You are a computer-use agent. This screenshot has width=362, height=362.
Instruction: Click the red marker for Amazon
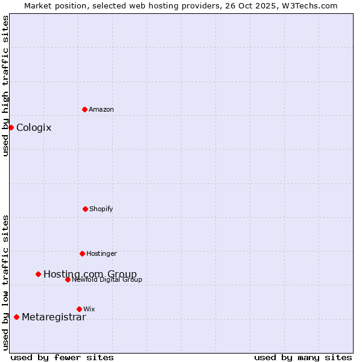point(84,109)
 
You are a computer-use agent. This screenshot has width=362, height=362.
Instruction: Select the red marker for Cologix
point(11,127)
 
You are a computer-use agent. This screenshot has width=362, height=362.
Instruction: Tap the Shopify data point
point(85,209)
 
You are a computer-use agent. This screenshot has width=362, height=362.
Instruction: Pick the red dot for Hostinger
point(82,253)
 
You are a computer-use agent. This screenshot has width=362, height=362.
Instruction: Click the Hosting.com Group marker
point(38,274)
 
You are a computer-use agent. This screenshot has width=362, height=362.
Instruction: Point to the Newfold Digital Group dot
point(68,279)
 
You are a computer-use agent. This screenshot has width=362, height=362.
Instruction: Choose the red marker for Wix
point(79,309)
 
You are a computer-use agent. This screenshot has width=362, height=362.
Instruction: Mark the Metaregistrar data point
point(16,317)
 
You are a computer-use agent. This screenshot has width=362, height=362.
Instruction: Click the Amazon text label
point(101,109)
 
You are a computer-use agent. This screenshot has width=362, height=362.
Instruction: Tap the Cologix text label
point(34,127)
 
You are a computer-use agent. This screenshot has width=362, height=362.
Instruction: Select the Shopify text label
point(101,209)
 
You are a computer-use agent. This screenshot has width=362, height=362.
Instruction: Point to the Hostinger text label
point(101,253)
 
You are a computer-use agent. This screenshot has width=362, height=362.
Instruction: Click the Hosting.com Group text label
point(90,274)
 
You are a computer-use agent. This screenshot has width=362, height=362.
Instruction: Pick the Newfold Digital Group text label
point(107,279)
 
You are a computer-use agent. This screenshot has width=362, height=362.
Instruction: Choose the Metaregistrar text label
point(54,317)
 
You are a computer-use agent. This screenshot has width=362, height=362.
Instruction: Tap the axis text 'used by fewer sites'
point(62,357)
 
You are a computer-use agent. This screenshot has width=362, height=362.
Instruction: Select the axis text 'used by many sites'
point(303,357)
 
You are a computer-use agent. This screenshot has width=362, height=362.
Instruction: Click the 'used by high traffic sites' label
point(5,86)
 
